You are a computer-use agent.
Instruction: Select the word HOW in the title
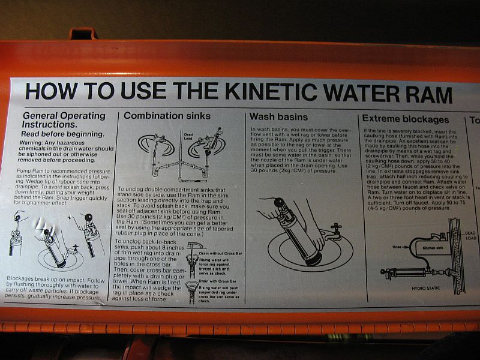pyautogui.click(x=50, y=91)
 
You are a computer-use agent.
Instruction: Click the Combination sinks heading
pyautogui.click(x=167, y=115)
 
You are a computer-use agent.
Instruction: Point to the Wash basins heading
pyautogui.click(x=278, y=116)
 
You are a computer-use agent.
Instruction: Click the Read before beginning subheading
pyautogui.click(x=63, y=134)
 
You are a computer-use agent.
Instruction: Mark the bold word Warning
pyautogui.click(x=34, y=143)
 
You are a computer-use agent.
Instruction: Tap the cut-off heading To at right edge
pyautogui.click(x=474, y=120)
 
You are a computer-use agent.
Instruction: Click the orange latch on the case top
pyautogui.click(x=84, y=34)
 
